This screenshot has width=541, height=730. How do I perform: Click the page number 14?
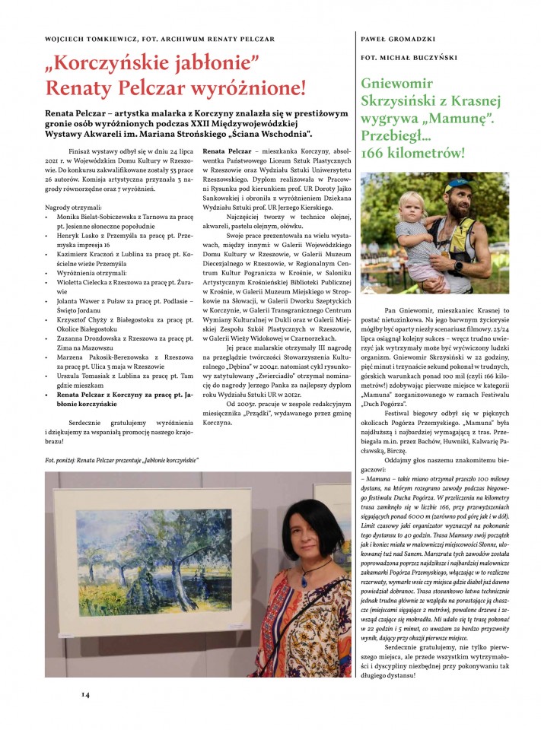tap(86, 693)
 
